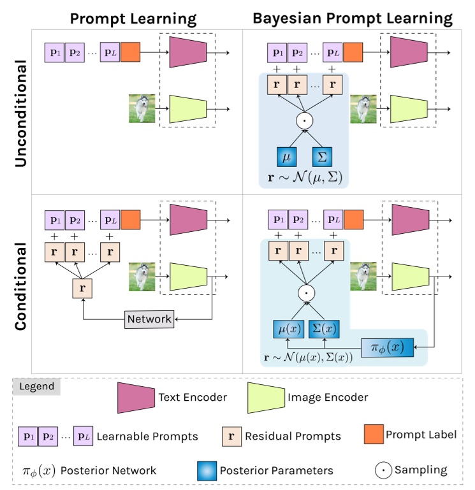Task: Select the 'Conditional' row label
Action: [20, 284]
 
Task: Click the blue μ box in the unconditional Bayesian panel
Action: [287, 156]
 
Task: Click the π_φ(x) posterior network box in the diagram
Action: [388, 347]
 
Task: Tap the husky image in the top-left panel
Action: [141, 108]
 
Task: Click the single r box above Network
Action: [83, 289]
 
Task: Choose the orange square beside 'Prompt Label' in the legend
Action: [373, 435]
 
